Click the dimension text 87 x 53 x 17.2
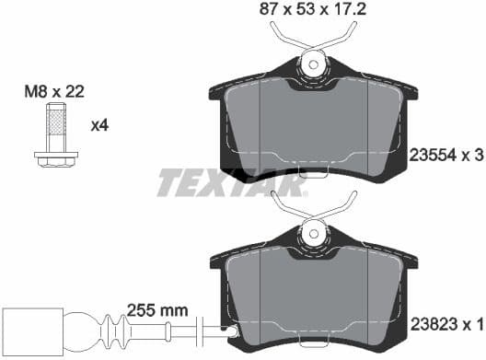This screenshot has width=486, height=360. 314,11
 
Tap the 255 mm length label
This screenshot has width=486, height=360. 158,311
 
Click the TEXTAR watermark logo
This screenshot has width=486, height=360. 230,182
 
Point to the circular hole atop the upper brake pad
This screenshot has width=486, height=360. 314,64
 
